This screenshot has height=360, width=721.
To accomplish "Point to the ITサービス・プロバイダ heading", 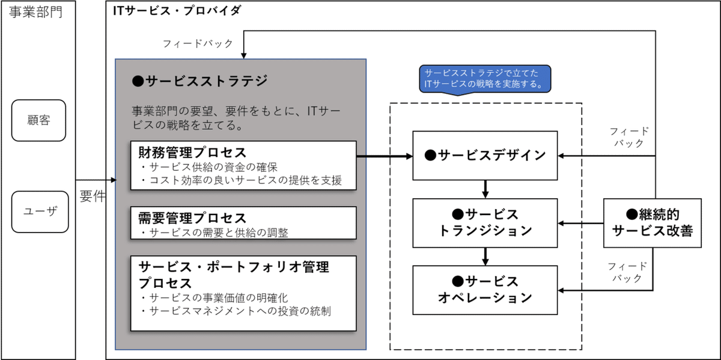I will pos(177,10).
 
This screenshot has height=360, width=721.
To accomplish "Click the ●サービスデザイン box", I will pos(485,156).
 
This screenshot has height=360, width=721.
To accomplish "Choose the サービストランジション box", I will pos(485,222).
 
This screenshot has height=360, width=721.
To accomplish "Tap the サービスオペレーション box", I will pos(485,289).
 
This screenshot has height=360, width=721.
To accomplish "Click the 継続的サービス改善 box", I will pos(656,222).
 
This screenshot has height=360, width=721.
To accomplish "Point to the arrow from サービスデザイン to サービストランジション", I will pos(485,189).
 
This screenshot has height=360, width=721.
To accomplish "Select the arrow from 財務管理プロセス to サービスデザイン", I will pos(385,156).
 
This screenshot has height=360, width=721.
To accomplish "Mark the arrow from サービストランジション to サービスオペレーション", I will pos(485,255).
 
